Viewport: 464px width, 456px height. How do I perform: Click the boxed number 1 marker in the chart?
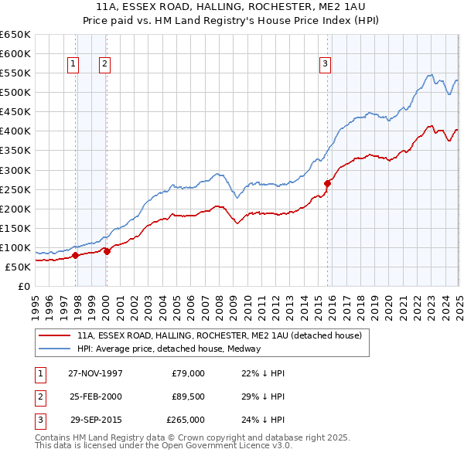coord(73,65)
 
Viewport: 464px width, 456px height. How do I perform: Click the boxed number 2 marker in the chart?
coord(104,65)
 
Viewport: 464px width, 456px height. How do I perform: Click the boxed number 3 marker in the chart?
coord(326,65)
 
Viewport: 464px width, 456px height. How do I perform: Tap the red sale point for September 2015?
coord(328,183)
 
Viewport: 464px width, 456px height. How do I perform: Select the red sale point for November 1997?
coord(76,255)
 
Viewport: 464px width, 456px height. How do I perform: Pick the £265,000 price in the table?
coord(186,420)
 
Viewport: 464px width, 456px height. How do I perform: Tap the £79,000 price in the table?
coord(188,373)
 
